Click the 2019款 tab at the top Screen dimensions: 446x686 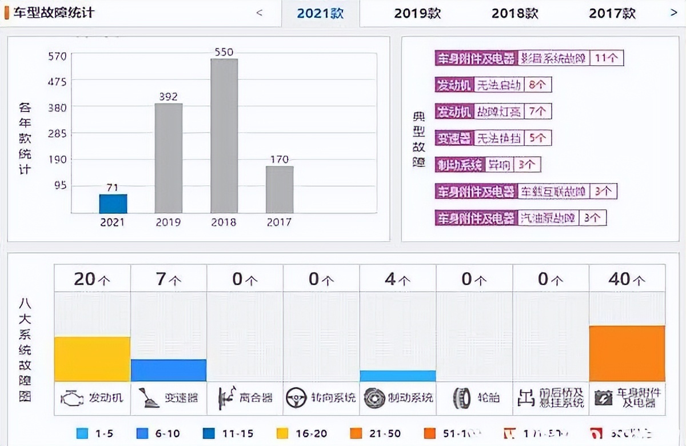pos(417,13)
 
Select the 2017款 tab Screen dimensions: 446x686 pos(612,13)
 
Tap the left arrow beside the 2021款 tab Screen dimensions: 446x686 pos(259,13)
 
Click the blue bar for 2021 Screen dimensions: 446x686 pos(113,204)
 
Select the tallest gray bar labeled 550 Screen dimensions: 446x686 pos(224,136)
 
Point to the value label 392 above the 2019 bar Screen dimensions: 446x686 pos(168,97)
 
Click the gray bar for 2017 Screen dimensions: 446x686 pos(280,189)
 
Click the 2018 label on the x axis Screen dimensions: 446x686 pos(224,222)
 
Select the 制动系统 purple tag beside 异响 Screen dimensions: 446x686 pos(460,165)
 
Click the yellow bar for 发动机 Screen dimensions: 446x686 pos(92,359)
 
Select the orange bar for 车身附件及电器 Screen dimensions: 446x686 pos(627,353)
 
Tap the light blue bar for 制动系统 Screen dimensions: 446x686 pos(398,376)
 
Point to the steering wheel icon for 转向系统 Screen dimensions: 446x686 pos(295,397)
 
